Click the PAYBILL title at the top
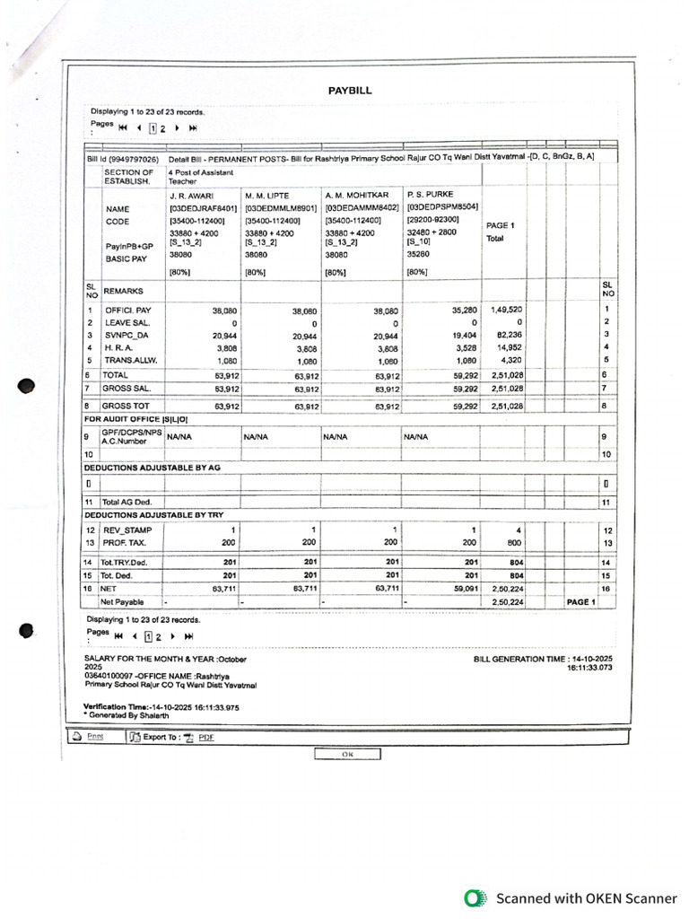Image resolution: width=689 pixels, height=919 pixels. click(x=349, y=91)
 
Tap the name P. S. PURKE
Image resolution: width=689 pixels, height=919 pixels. click(x=430, y=194)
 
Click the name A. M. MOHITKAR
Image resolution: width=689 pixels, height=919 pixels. click(x=356, y=195)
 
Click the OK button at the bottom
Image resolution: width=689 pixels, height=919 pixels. click(x=347, y=754)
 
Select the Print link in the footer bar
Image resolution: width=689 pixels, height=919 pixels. click(x=94, y=737)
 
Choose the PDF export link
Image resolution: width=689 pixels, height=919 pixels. click(x=205, y=737)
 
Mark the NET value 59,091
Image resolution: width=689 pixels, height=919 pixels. click(x=458, y=589)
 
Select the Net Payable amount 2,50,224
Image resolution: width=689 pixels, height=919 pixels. click(x=507, y=602)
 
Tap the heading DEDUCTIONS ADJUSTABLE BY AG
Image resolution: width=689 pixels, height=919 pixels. click(x=152, y=468)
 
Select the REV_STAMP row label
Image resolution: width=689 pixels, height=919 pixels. click(x=125, y=530)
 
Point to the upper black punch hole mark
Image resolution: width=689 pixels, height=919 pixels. click(x=28, y=386)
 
